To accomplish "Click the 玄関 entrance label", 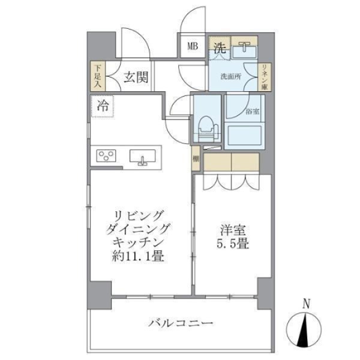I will pos(137,76).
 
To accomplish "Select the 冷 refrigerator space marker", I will pos(103,107).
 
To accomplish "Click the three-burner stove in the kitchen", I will pos(107,157).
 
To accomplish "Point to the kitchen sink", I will pos(143,157).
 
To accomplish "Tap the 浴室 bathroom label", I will pos(252,111).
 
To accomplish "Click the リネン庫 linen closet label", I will pos(263,77).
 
